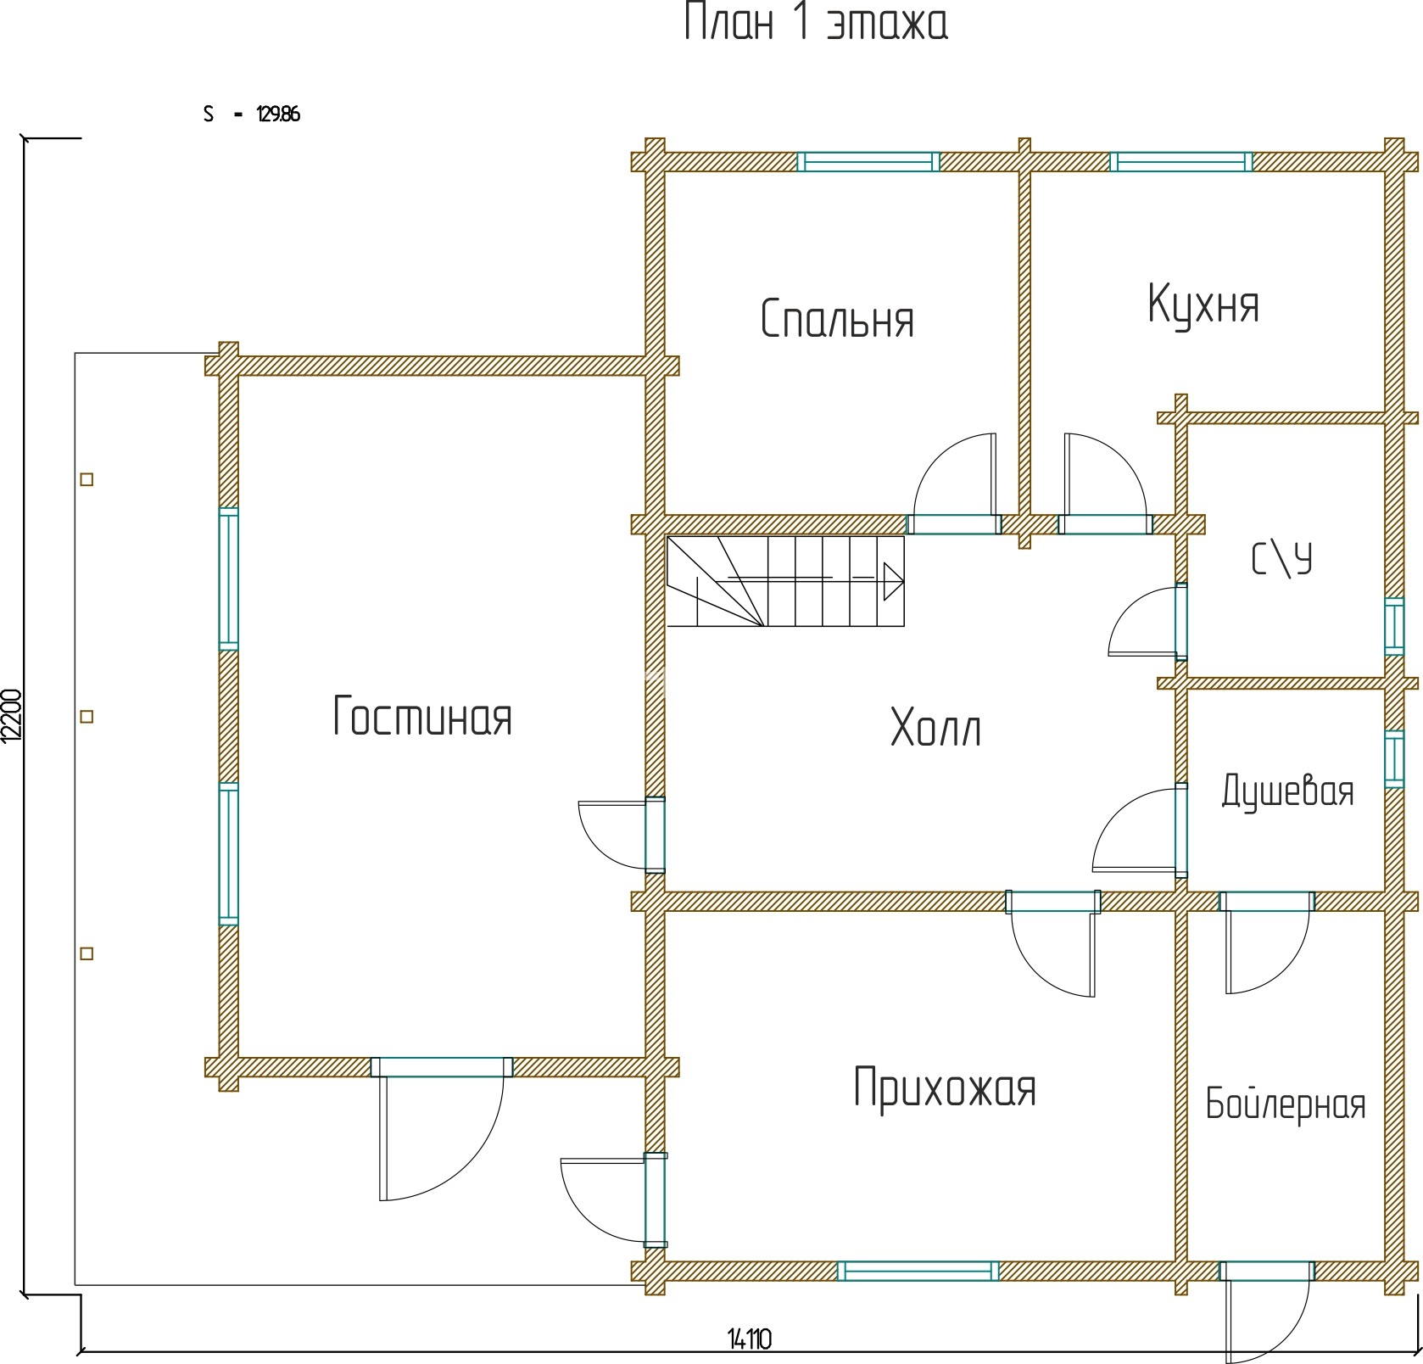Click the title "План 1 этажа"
pos(815,23)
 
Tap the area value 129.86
pos(278,115)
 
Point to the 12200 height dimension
pos(10,715)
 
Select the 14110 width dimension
pos(750,1339)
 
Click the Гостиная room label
pos(422,716)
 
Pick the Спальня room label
pos(837,319)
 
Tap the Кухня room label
pos(1203,305)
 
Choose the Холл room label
pos(936,728)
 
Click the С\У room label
pos(1282,560)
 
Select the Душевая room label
pos(1287,791)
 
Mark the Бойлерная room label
pos(1286,1104)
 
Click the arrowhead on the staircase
pos(893,581)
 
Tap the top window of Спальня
pos(868,161)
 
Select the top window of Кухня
pos(1181,161)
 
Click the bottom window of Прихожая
pos(918,1271)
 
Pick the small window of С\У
pos(1394,627)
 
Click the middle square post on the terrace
pos(86,717)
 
